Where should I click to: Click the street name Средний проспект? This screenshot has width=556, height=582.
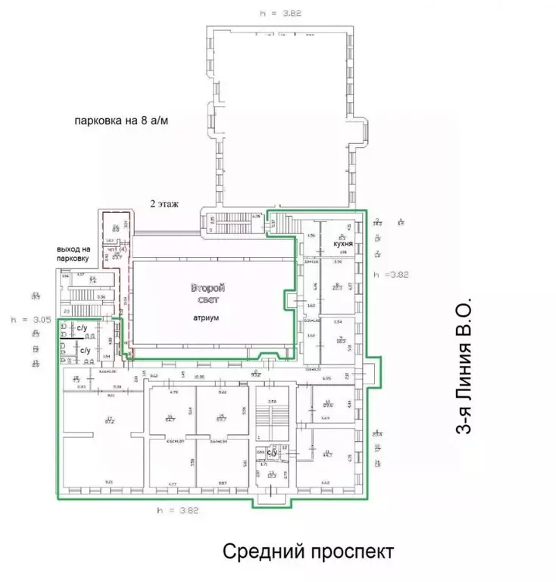click(308, 552)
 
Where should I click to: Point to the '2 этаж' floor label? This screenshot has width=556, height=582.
click(165, 205)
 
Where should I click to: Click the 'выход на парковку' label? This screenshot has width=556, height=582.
click(77, 254)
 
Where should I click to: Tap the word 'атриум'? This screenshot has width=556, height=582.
click(205, 318)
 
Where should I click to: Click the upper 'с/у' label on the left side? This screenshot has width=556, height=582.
click(82, 328)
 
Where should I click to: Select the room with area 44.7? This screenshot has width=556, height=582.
click(328, 455)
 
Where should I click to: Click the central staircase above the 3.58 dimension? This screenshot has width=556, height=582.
click(269, 417)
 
